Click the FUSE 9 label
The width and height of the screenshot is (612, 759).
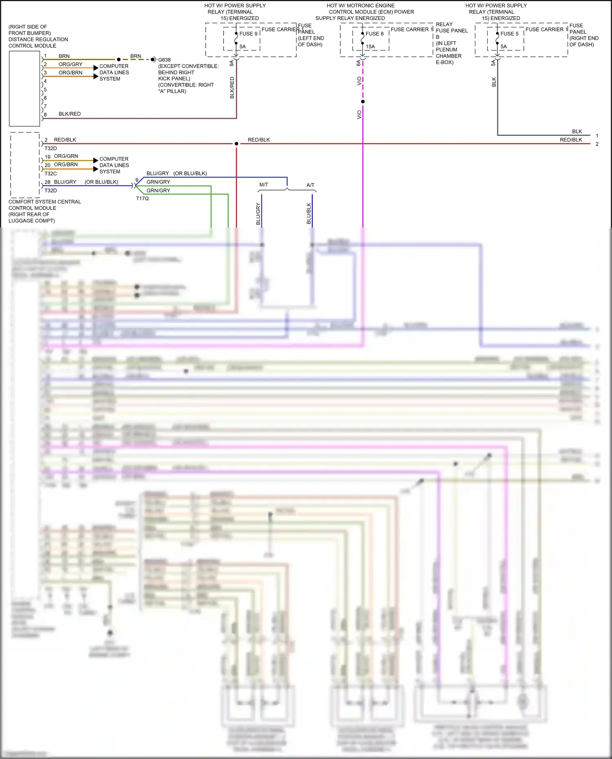248,34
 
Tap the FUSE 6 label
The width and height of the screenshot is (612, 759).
375,34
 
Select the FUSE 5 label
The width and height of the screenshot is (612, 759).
509,34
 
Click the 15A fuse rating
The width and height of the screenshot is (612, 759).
370,46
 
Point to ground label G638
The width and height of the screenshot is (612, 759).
164,60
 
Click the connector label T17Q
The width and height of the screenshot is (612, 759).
142,199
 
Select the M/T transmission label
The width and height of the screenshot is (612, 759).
264,185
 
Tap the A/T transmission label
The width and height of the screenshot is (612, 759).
310,185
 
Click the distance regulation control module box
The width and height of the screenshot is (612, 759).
24,89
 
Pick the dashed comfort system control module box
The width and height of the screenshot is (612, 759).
25,165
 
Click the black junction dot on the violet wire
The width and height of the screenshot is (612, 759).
363,102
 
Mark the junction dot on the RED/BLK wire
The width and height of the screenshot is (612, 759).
236,144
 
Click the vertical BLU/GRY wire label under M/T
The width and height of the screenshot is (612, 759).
258,214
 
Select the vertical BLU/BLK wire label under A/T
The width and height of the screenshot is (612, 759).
309,214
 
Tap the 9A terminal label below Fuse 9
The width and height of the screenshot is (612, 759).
232,63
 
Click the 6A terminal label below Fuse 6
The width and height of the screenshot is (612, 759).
359,63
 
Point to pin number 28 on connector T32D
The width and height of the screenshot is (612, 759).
48,182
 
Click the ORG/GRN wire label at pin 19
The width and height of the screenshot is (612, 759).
66,156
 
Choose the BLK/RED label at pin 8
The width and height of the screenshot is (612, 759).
69,114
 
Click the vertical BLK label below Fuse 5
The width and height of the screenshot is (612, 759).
494,82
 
